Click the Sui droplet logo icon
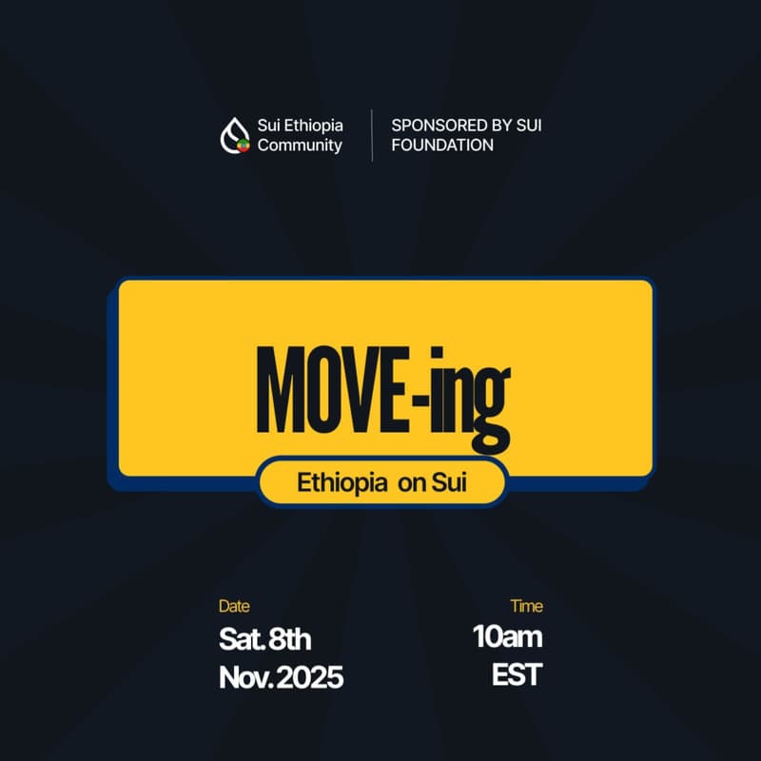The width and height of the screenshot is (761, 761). tap(235, 135)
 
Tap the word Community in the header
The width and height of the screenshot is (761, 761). tap(300, 146)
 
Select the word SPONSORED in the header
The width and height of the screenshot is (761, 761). tap(433, 125)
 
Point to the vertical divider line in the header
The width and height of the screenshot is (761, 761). tap(372, 135)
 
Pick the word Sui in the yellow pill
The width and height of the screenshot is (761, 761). tap(450, 482)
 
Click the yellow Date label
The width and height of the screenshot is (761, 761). tap(234, 606)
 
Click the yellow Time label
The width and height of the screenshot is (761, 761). tap(526, 606)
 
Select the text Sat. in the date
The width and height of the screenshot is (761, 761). tap(242, 637)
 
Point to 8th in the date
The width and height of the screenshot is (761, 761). tap(290, 637)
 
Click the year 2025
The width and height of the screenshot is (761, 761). tap(311, 678)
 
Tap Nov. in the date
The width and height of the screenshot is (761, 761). tap(246, 678)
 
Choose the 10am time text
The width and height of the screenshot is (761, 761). tap(508, 637)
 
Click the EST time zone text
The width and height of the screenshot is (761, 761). tap(517, 676)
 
